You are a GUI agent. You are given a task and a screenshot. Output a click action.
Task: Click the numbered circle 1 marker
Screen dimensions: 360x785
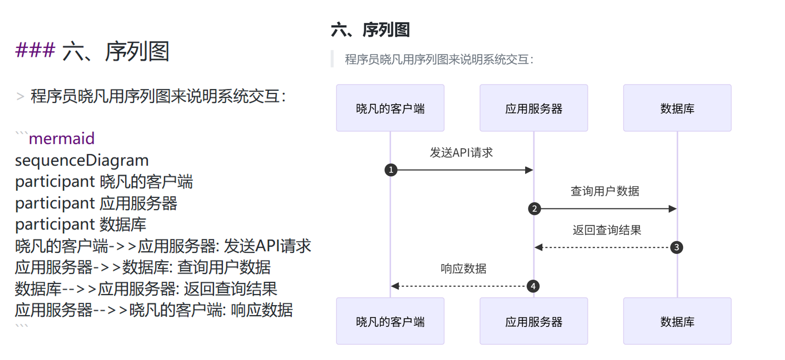pyautogui.click(x=391, y=170)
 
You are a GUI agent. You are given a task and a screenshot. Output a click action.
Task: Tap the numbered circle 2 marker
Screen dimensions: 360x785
pyautogui.click(x=534, y=209)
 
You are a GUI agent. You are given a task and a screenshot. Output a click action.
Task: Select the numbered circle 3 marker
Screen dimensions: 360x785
pyautogui.click(x=677, y=247)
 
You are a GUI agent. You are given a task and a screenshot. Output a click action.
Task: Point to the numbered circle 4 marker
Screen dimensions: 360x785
pyautogui.click(x=533, y=286)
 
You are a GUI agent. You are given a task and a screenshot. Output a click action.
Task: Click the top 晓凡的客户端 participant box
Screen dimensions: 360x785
pyautogui.click(x=390, y=108)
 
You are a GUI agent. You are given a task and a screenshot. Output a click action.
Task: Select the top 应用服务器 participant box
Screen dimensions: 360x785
pyautogui.click(x=534, y=108)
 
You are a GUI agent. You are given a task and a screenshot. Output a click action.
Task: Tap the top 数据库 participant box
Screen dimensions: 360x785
pyautogui.click(x=677, y=108)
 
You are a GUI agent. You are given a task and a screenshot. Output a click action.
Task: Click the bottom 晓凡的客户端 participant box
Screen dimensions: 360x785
pyautogui.click(x=390, y=321)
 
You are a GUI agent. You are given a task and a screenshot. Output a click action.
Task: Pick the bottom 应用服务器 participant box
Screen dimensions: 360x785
pyautogui.click(x=534, y=321)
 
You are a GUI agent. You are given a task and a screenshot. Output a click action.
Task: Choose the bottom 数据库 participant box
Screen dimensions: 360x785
pyautogui.click(x=677, y=321)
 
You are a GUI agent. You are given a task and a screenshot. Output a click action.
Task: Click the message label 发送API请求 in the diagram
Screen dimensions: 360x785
pyautogui.click(x=461, y=153)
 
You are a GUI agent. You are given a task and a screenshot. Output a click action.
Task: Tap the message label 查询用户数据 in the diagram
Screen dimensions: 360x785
pyautogui.click(x=604, y=191)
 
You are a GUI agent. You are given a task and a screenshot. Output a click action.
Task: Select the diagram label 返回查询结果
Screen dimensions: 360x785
pyautogui.click(x=606, y=230)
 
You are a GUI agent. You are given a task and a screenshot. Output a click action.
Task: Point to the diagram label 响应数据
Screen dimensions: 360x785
pyautogui.click(x=463, y=269)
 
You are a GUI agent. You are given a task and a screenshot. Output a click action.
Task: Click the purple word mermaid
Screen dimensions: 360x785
pyautogui.click(x=61, y=138)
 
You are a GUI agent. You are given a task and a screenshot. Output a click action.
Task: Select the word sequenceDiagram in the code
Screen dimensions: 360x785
pyautogui.click(x=82, y=160)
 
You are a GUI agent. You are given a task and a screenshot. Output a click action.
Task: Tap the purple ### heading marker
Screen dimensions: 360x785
pyautogui.click(x=35, y=50)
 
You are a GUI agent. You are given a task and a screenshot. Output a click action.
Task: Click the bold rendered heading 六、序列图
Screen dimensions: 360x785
pyautogui.click(x=370, y=30)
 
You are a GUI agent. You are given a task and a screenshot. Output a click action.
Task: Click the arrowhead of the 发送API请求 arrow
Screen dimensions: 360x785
pyautogui.click(x=529, y=170)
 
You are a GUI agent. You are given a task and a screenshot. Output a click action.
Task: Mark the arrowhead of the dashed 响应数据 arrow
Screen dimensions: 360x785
pyautogui.click(x=395, y=286)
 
